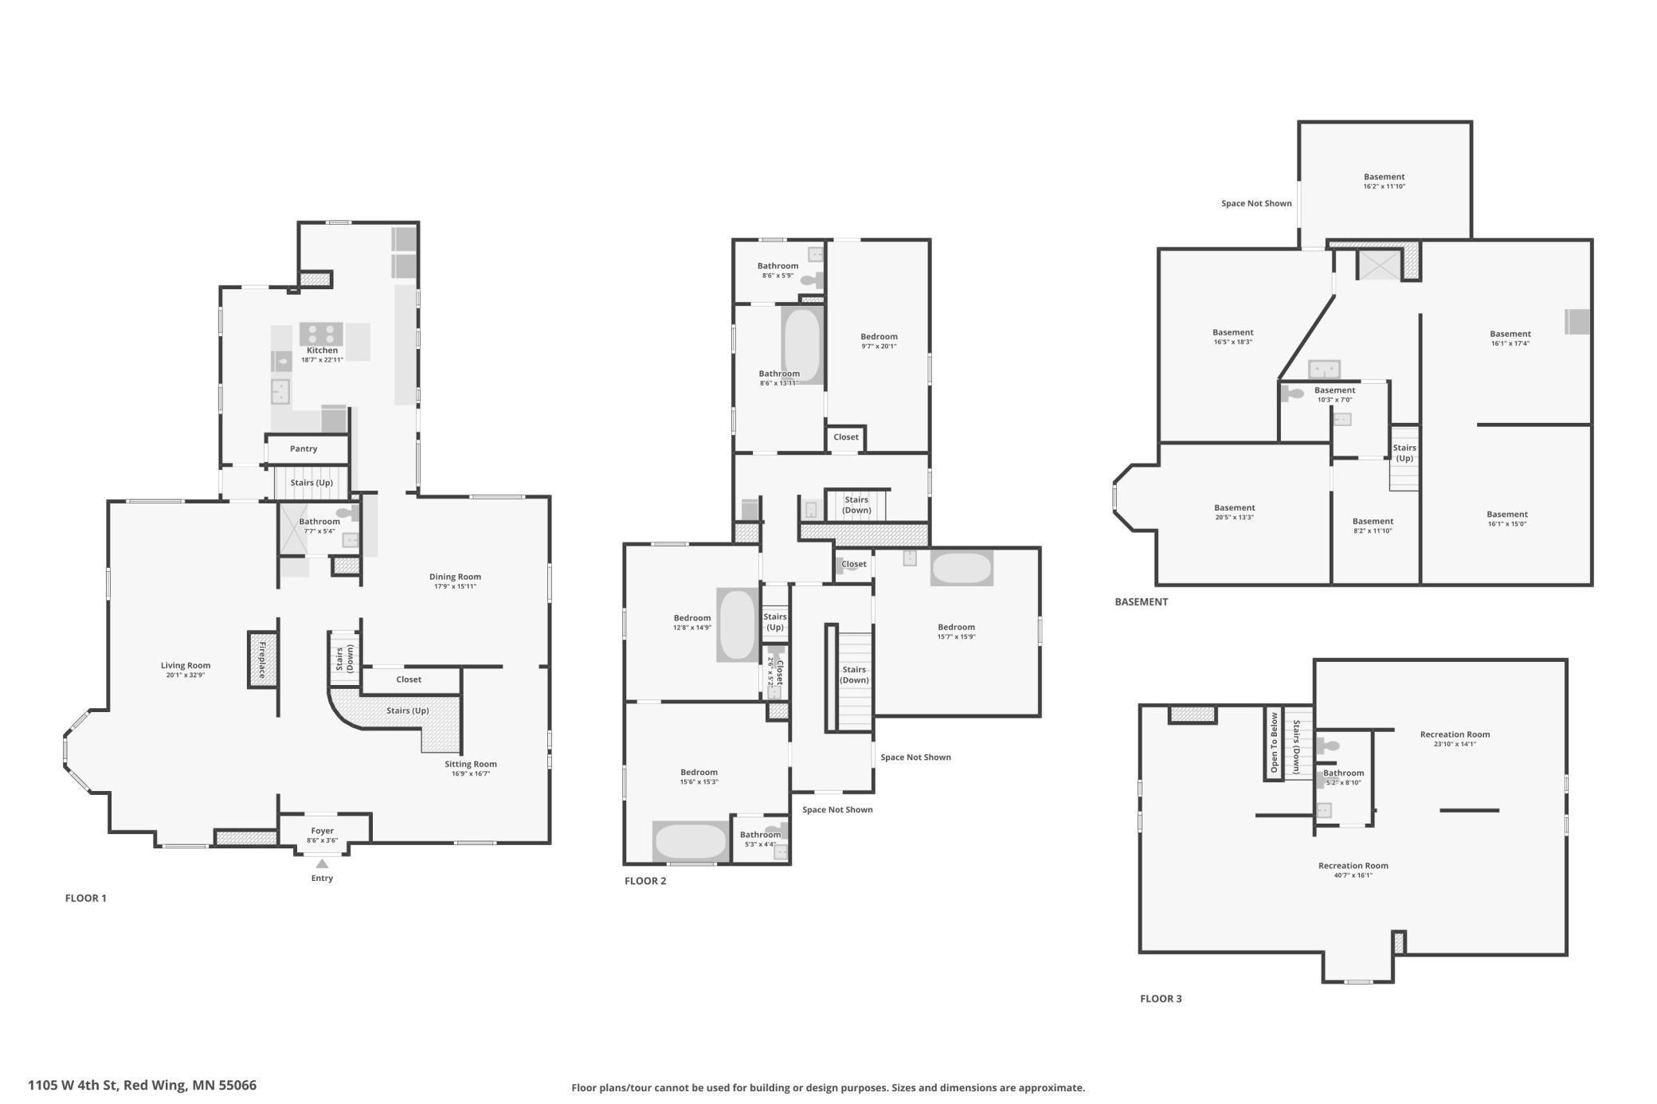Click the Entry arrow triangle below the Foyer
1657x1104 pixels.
coord(322,863)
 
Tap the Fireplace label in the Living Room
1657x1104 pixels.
coord(261,659)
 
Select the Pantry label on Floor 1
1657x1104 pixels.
coord(304,449)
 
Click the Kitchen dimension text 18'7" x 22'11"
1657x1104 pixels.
coord(322,360)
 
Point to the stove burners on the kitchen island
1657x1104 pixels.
coord(321,333)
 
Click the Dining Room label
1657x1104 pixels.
coord(455,577)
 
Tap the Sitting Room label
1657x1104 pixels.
coord(470,764)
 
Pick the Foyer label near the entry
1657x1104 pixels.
coord(322,831)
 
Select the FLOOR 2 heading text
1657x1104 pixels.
coord(645,881)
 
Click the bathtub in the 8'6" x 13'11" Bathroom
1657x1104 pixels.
coord(801,345)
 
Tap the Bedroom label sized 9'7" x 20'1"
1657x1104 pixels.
coord(879,337)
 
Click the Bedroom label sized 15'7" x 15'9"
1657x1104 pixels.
coord(956,627)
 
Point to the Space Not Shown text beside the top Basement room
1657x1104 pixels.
coord(1256,204)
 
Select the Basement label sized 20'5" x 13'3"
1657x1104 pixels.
coord(1234,508)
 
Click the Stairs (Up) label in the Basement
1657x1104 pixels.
coord(1404,452)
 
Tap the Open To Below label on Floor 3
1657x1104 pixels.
coord(1274,742)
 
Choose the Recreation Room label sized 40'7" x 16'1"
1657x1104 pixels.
coord(1353,866)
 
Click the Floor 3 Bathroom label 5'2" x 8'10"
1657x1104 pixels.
coord(1343,773)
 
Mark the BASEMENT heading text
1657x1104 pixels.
coord(1141,602)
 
